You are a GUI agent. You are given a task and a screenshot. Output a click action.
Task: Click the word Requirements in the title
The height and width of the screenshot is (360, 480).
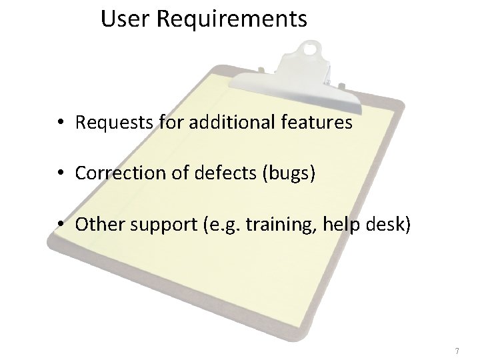[232, 20]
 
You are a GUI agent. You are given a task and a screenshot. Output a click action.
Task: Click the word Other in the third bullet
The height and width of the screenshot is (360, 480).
[95, 224]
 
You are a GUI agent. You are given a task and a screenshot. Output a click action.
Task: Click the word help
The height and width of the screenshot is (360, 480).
[337, 225]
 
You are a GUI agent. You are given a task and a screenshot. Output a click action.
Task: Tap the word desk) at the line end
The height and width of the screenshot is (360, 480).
[391, 224]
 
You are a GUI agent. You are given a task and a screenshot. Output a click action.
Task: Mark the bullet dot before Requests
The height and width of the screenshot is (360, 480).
[60, 123]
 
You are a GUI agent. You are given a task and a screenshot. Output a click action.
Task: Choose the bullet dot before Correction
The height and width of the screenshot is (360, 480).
[60, 174]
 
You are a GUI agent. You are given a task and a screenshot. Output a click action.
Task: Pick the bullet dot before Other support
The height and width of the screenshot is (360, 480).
[60, 225]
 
